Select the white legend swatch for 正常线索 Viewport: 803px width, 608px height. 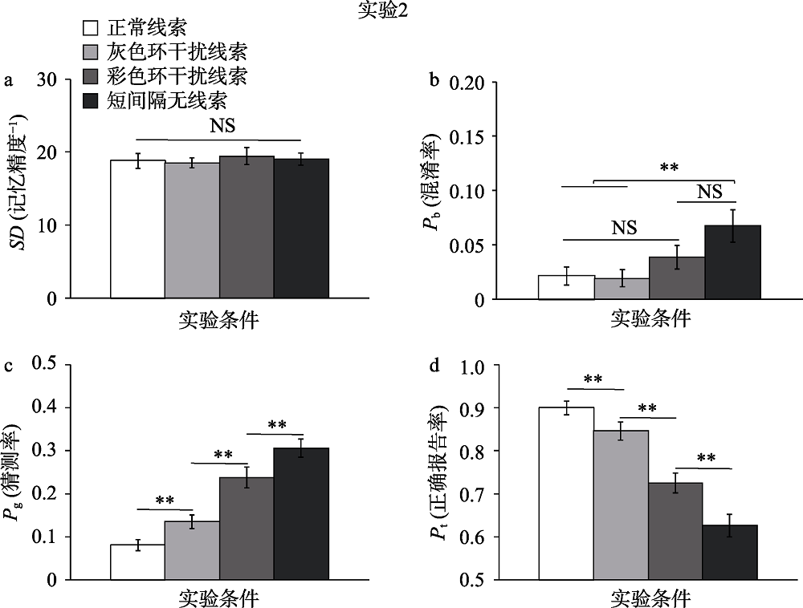point(91,29)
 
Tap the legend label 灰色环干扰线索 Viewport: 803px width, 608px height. point(177,53)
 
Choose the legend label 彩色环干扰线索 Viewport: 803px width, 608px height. point(177,77)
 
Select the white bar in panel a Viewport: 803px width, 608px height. point(137,229)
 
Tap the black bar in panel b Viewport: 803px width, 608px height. point(732,262)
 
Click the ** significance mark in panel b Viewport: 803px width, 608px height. point(670,168)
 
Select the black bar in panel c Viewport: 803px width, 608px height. point(301,513)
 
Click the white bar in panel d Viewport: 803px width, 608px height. point(566,492)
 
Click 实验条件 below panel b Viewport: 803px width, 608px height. point(650,318)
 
